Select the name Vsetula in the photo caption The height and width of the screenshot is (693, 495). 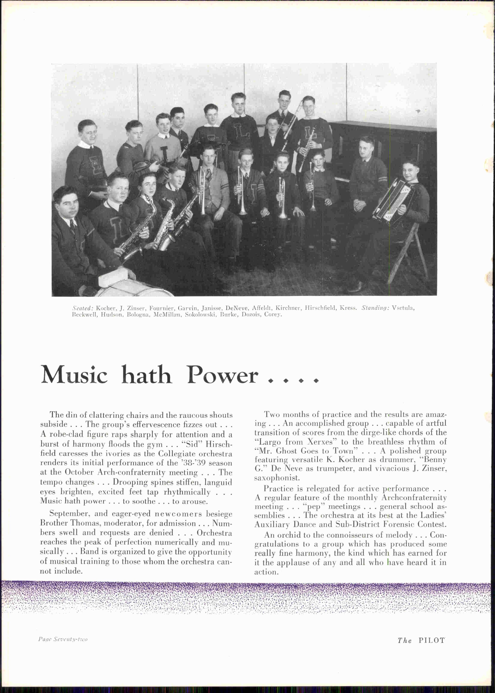pyautogui.click(x=403, y=308)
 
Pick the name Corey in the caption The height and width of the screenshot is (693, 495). pyautogui.click(x=272, y=314)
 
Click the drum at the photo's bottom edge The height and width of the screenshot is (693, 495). pyautogui.click(x=134, y=291)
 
